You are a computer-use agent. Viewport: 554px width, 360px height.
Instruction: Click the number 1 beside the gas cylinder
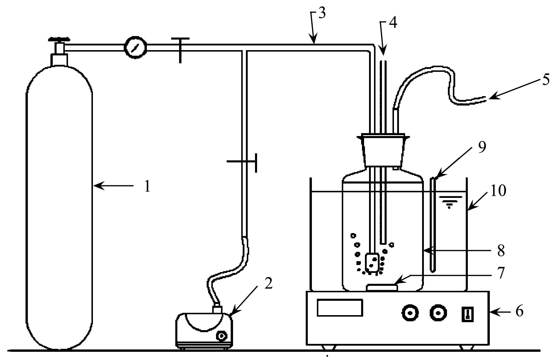click(147, 186)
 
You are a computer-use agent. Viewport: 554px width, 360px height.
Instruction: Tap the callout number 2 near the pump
click(268, 283)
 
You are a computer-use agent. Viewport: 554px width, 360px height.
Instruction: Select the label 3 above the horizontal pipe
click(322, 13)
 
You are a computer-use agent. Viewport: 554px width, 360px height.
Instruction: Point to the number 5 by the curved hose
click(545, 80)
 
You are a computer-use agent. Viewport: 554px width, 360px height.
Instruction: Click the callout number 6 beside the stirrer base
click(519, 311)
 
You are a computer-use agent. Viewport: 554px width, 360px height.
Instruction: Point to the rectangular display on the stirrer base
click(340, 308)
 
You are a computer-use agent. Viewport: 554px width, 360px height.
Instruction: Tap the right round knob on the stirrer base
click(439, 313)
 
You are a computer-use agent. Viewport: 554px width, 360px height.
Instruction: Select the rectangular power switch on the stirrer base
click(468, 314)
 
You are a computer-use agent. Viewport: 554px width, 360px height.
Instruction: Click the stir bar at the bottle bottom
click(382, 288)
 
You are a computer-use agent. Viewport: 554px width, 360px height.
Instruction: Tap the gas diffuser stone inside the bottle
click(371, 262)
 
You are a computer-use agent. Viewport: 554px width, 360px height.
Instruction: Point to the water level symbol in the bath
click(448, 202)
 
